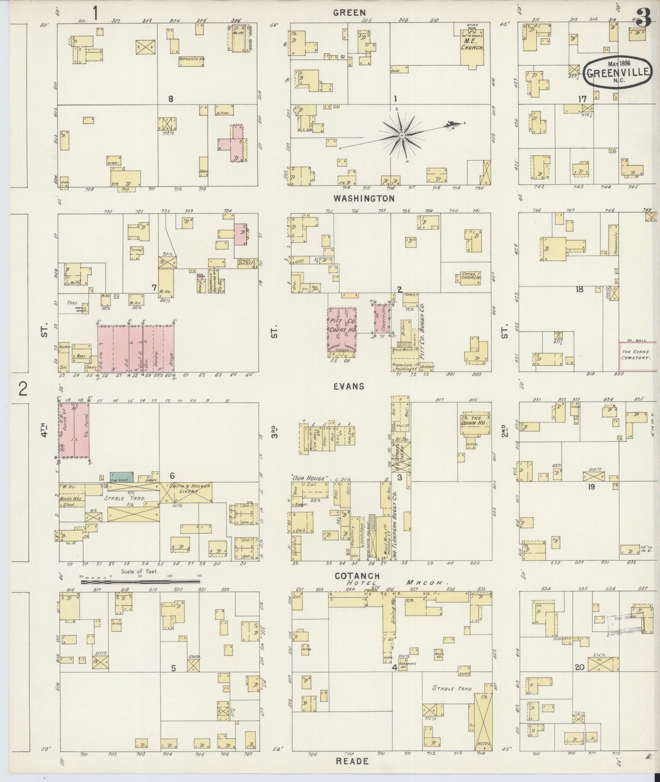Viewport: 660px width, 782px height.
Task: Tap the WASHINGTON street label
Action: [364, 198]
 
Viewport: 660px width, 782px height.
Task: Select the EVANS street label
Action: [349, 386]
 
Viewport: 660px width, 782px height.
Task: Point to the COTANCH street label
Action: [356, 576]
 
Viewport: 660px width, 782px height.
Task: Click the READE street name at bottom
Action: [352, 761]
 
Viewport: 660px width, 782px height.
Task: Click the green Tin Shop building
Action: [121, 477]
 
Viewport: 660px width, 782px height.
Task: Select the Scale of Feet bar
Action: [139, 582]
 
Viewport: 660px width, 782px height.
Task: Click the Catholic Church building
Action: [470, 278]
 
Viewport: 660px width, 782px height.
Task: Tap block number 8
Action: [170, 99]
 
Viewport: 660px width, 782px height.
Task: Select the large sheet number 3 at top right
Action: [643, 18]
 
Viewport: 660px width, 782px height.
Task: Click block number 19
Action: [591, 487]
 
